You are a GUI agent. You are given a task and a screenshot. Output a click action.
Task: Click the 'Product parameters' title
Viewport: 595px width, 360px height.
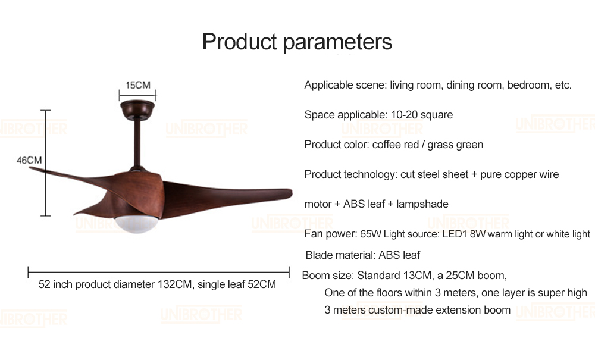click(297, 42)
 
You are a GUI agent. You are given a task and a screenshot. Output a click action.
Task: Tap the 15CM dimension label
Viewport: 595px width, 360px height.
click(138, 85)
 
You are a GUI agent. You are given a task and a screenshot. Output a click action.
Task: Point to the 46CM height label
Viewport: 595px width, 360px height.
click(29, 160)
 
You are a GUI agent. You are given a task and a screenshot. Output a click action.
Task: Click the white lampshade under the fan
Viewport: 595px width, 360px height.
click(136, 224)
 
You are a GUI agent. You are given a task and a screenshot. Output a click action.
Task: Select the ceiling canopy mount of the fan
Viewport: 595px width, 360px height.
click(137, 109)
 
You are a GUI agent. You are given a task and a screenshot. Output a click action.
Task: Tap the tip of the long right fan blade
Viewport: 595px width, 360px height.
click(292, 193)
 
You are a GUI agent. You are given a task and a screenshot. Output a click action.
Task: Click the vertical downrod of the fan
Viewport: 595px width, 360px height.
click(137, 143)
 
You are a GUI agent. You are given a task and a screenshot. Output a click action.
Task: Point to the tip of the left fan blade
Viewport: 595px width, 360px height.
click(30, 168)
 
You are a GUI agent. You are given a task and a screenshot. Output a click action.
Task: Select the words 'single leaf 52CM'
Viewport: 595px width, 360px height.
click(237, 284)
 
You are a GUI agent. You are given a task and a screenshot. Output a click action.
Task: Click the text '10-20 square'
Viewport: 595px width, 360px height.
click(422, 115)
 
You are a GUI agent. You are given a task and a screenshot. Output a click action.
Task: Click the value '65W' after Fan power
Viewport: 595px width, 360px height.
click(370, 234)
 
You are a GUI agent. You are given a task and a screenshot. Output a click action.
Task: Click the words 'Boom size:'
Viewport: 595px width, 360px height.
click(328, 276)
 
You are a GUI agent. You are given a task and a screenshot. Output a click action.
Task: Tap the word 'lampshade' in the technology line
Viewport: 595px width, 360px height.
click(422, 204)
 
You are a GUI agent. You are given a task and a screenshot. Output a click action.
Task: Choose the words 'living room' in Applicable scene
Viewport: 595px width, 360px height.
click(416, 85)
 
